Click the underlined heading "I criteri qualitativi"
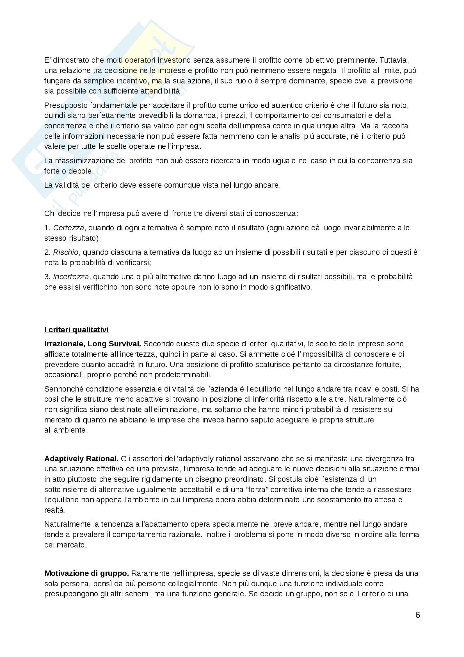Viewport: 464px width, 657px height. click(x=76, y=330)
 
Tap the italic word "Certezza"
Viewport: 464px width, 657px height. click(x=68, y=228)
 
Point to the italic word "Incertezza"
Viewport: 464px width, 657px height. click(x=71, y=277)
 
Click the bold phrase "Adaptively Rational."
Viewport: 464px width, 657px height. click(x=81, y=458)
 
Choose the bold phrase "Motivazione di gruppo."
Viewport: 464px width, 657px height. click(x=87, y=573)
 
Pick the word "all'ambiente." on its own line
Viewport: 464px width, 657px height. click(x=66, y=430)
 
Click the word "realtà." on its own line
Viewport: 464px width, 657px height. click(x=55, y=510)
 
